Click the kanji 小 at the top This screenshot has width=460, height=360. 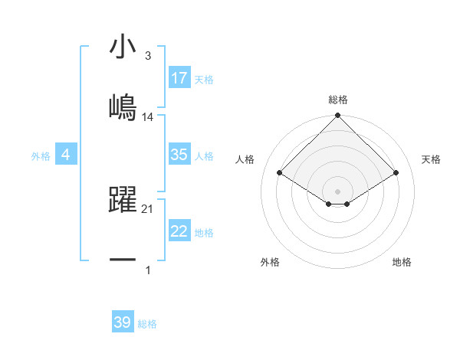(x=123, y=47)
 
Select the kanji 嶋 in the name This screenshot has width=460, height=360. (x=123, y=106)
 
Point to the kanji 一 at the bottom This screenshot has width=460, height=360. (x=123, y=260)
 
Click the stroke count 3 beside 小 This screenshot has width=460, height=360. (x=147, y=56)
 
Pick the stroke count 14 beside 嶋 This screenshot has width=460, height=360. (x=148, y=116)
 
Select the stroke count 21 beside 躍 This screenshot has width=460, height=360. (x=148, y=208)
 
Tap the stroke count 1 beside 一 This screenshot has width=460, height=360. (x=148, y=270)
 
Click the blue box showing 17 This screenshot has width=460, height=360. (x=179, y=78)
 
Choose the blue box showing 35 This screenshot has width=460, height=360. (x=179, y=155)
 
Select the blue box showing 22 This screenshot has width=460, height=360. (x=179, y=231)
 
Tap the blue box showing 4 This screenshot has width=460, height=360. (x=66, y=155)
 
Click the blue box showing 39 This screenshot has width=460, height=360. (x=123, y=322)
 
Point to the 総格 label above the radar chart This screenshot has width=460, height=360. (x=338, y=100)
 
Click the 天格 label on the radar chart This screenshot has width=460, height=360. (x=431, y=159)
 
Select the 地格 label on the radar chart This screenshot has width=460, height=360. (x=402, y=262)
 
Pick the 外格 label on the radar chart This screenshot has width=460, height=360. (x=270, y=262)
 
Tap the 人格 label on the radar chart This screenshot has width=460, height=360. (x=245, y=159)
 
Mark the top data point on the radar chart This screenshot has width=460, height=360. (x=338, y=116)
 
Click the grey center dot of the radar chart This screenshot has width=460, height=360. (x=338, y=191)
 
